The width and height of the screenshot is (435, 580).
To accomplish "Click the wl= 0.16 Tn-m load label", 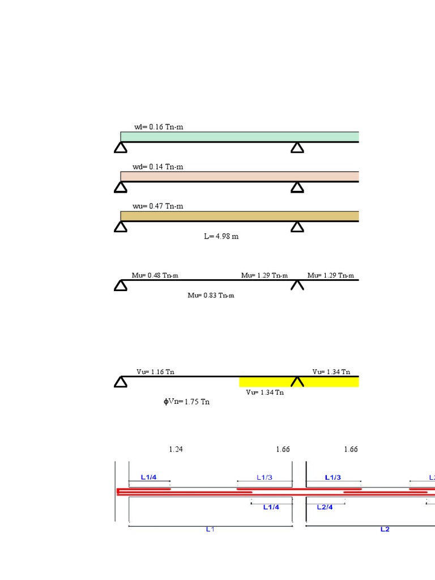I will [159, 127].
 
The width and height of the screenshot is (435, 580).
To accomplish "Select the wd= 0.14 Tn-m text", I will [159, 167].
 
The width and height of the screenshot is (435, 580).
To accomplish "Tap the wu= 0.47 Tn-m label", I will [159, 207].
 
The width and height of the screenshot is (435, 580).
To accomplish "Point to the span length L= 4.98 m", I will [221, 236].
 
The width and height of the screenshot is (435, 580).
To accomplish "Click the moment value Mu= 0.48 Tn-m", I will [155, 275].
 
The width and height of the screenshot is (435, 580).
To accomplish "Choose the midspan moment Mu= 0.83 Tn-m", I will [211, 295].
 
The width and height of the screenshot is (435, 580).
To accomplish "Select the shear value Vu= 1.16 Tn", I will [156, 372].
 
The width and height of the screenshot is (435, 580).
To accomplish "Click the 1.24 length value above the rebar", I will [176, 449].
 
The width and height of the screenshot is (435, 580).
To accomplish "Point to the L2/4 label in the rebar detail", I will [325, 507].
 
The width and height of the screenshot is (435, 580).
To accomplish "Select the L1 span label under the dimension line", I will [210, 530].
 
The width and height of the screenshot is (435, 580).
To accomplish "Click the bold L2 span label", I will [385, 530].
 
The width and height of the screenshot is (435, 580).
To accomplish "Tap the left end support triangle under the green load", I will [120, 148].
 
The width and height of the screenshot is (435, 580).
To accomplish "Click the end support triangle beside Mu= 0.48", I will [120, 285].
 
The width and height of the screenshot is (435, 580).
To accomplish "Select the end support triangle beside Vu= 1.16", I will [120, 382].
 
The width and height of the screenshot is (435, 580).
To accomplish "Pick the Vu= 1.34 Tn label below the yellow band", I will [265, 393].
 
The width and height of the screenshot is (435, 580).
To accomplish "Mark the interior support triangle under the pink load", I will [297, 187].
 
